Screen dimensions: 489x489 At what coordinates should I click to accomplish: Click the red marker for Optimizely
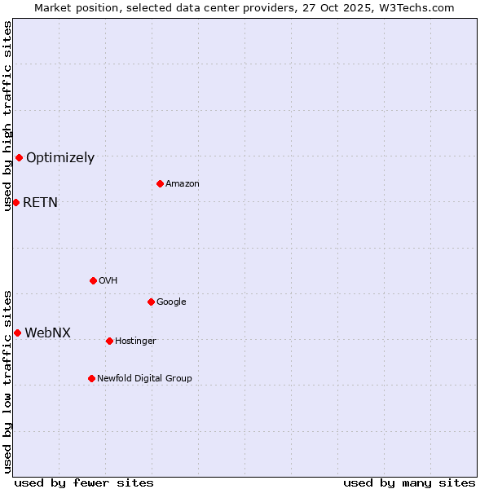click(x=19, y=157)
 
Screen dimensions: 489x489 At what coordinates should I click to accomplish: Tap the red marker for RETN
click(x=15, y=202)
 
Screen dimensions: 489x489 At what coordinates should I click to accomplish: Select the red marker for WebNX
click(x=17, y=333)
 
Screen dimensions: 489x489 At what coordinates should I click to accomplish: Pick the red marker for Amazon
click(x=160, y=183)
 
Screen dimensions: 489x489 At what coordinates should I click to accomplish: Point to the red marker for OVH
click(x=93, y=280)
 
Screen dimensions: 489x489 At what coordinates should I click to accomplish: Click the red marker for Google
click(x=151, y=302)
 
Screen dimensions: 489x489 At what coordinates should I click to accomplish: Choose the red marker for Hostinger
click(x=109, y=341)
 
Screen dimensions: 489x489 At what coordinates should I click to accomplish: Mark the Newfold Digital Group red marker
click(x=91, y=378)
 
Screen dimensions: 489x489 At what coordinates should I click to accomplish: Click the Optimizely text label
click(x=60, y=158)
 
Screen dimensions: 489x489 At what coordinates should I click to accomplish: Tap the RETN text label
click(x=40, y=203)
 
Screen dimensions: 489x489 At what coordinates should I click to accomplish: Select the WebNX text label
click(x=47, y=333)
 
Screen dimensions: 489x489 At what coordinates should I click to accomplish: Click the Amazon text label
click(x=183, y=184)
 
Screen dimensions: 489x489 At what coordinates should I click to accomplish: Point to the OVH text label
click(x=108, y=281)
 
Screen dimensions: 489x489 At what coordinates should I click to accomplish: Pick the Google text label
click(x=171, y=302)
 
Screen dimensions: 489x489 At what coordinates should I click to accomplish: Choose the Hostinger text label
click(x=135, y=341)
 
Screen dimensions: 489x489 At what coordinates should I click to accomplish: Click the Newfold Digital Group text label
click(x=144, y=379)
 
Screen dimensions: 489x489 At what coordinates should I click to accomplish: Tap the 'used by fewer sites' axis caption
click(x=84, y=482)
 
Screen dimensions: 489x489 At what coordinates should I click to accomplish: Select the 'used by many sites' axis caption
click(x=409, y=482)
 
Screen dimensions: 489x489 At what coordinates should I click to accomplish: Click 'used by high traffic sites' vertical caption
click(x=7, y=116)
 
